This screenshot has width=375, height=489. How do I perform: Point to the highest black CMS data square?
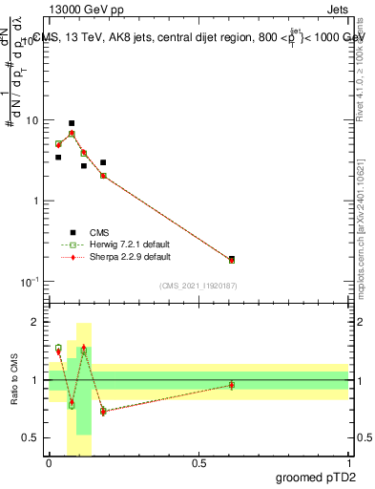coord(72,123)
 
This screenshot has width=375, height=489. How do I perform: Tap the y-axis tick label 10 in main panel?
coord(32,121)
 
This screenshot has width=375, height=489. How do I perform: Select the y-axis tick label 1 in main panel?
coord(36,202)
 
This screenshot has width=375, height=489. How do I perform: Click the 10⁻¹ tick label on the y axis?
coord(30,281)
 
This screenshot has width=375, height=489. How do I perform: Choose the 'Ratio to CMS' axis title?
coord(14,381)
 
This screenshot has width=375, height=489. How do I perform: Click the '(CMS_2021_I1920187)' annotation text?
coord(198,285)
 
